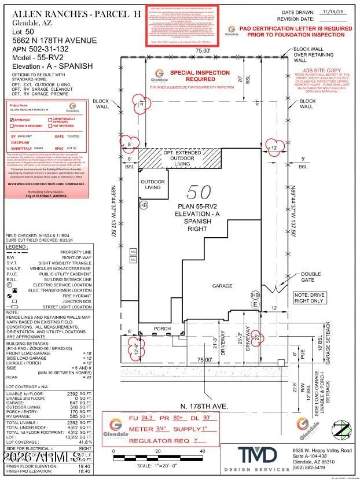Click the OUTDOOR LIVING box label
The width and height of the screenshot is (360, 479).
point(153,185)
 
